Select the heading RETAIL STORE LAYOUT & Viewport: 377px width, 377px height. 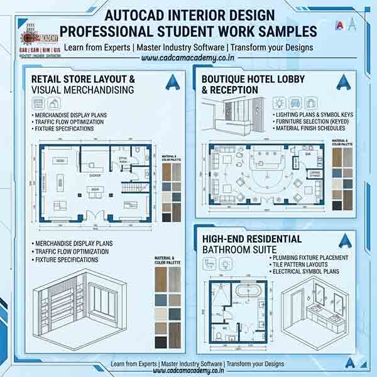pyautogui.click(x=84, y=80)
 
